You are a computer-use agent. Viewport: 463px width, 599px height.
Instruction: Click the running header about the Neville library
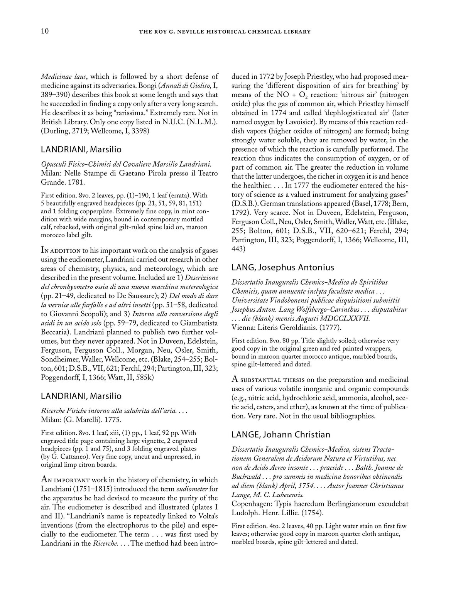point(225,32)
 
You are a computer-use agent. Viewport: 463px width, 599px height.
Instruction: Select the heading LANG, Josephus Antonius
point(283,267)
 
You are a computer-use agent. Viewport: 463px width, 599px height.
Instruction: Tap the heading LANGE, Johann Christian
point(281,435)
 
